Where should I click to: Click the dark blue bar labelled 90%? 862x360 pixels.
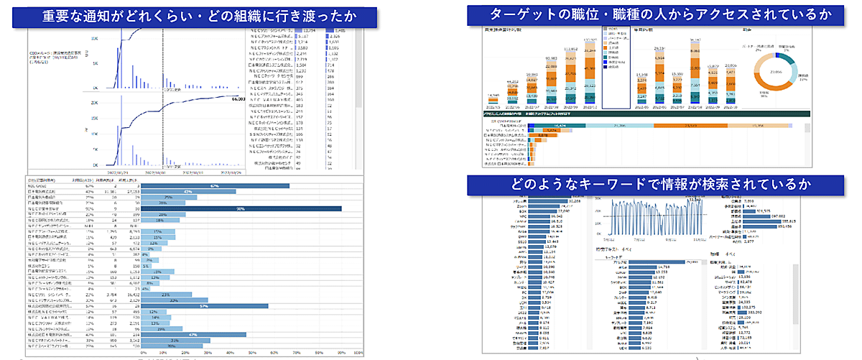241,208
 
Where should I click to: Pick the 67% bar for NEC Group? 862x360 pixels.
215,185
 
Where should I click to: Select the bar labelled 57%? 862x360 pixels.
204,305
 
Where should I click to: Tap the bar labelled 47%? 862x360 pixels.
193,333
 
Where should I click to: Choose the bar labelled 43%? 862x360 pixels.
188,192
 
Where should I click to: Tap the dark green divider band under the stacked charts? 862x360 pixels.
646,114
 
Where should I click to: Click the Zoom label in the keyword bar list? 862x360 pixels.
522,209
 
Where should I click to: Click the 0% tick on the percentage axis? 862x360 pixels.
142,353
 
